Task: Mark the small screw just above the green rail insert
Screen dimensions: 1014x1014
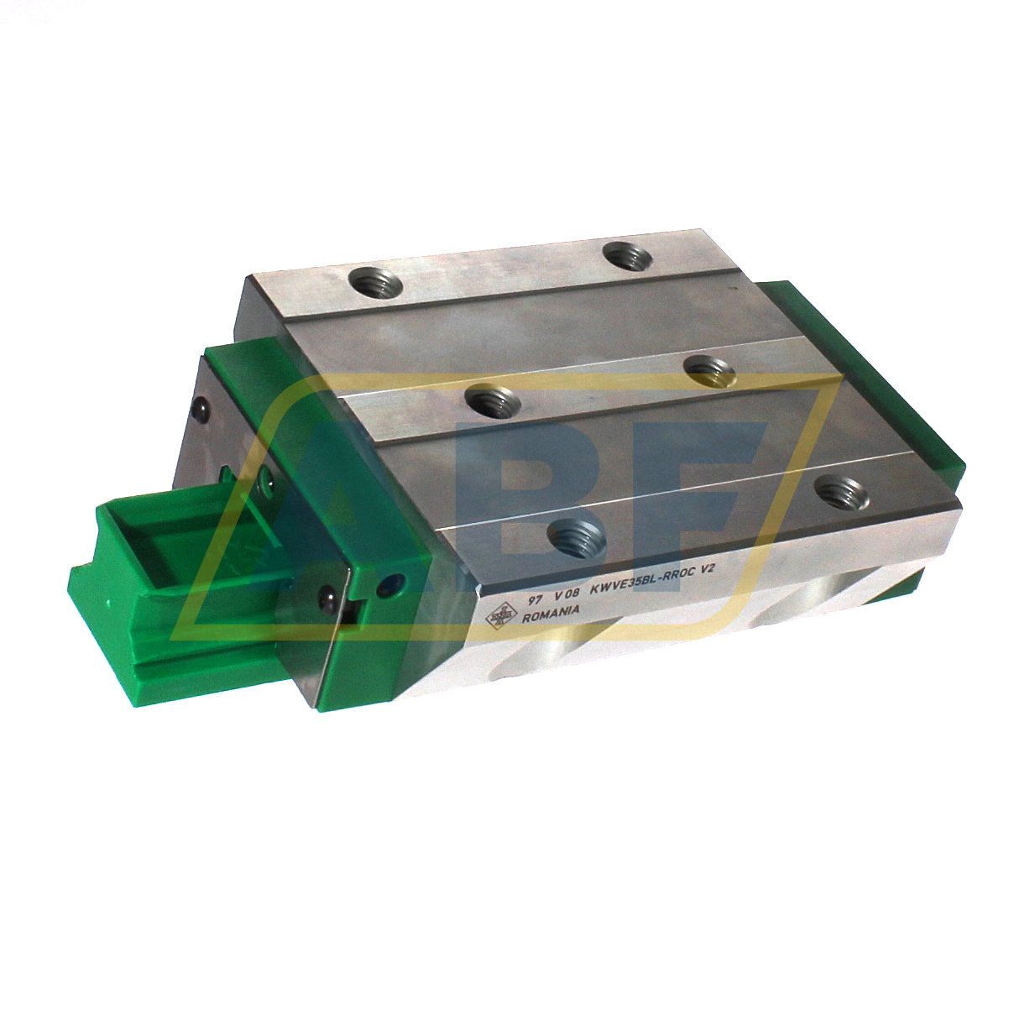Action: (x=267, y=482)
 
